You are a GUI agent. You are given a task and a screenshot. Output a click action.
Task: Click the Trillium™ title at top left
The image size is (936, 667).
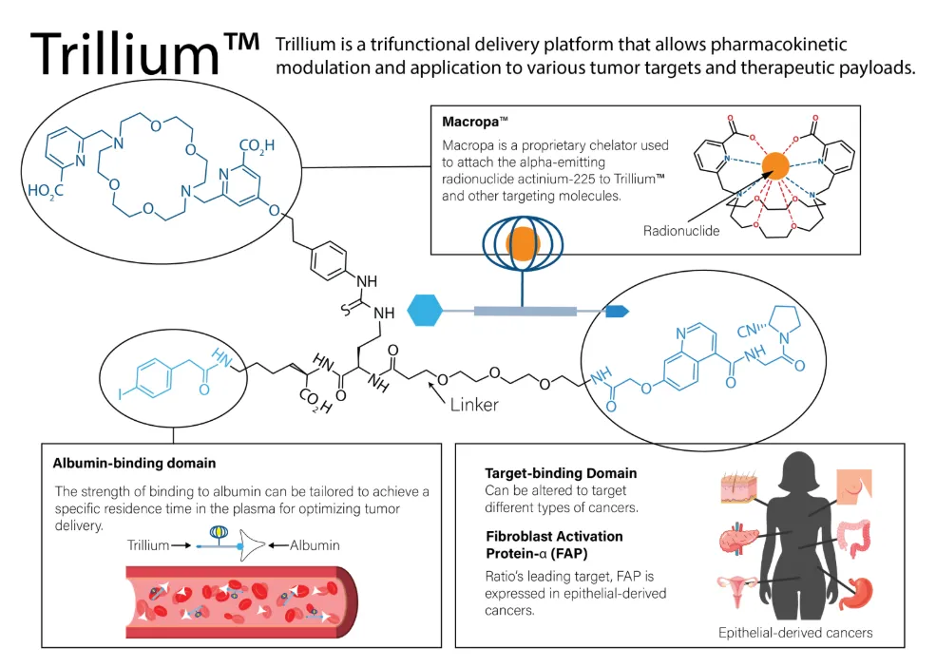(145, 54)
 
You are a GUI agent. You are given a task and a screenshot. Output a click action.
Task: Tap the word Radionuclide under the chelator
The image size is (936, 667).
(681, 231)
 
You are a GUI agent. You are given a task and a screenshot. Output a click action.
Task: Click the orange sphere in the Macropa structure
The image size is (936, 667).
(774, 166)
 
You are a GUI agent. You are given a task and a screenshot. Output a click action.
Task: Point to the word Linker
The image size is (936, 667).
(474, 405)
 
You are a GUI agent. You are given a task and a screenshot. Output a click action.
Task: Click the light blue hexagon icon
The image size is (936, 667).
(425, 310)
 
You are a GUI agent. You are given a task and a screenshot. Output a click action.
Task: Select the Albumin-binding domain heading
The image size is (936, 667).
(134, 464)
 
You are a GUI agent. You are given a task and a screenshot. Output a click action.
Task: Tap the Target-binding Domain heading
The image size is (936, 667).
(561, 473)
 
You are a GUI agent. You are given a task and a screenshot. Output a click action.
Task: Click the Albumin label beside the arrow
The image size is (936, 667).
(315, 545)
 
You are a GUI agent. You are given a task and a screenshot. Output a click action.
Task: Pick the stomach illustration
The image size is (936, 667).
(856, 592)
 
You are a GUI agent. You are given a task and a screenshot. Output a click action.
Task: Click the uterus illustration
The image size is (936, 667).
(737, 589)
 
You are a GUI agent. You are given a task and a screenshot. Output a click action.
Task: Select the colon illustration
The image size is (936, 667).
(854, 538)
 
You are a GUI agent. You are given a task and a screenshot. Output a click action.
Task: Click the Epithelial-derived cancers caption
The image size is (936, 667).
(795, 633)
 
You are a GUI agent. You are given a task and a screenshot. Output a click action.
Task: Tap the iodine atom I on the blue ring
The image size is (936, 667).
(120, 394)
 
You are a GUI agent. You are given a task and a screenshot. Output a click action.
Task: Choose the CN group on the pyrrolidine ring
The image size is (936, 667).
(747, 331)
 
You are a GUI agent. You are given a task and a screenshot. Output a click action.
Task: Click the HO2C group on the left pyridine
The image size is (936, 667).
(46, 191)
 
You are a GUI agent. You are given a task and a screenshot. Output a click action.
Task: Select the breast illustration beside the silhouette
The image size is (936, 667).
(854, 486)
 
